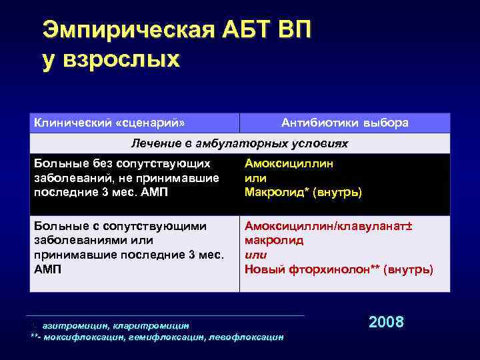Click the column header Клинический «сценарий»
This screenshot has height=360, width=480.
(109, 123)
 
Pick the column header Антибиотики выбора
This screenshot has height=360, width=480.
(345, 123)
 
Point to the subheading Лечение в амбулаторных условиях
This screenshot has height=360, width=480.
(239, 143)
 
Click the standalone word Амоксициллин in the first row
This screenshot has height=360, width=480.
(289, 163)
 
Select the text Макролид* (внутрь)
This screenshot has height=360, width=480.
(303, 193)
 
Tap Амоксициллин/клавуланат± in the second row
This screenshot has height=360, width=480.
(329, 226)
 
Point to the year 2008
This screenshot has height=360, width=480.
(386, 322)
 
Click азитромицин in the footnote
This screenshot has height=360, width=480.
(71, 325)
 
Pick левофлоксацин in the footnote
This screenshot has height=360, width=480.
(246, 337)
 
